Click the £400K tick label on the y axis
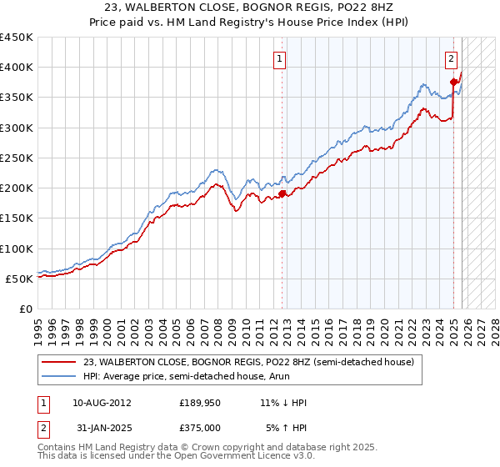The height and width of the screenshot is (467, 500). click(x=17, y=68)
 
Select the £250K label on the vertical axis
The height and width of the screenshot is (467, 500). click(x=17, y=158)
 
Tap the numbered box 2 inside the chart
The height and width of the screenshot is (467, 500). click(x=451, y=58)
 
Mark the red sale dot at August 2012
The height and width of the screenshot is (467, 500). click(x=282, y=193)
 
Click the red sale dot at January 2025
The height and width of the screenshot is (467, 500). click(x=454, y=82)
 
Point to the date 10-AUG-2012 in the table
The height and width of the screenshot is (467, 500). click(x=102, y=403)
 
